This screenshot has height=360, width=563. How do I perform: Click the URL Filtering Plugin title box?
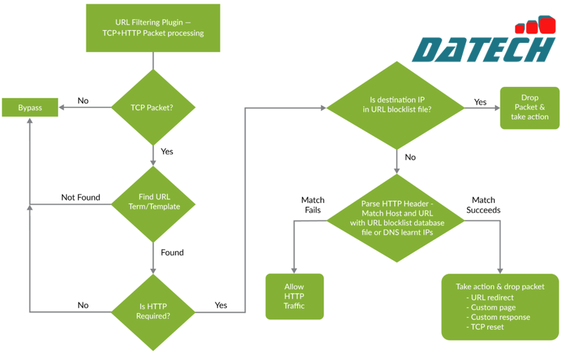[152, 27]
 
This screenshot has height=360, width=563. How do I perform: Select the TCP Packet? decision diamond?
[152, 107]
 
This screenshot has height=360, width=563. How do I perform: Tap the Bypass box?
[30, 107]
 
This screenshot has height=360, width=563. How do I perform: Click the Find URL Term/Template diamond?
[152, 202]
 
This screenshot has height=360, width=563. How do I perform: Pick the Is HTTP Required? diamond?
[152, 310]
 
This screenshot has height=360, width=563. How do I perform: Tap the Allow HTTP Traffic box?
[294, 296]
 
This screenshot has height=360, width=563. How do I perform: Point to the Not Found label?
[81, 197]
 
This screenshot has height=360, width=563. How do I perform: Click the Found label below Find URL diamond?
[172, 252]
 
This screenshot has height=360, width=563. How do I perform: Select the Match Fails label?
[312, 205]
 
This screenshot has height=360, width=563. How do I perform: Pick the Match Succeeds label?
[483, 205]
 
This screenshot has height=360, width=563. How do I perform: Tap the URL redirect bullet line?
[493, 298]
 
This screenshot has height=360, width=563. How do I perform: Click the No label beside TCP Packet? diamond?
[83, 100]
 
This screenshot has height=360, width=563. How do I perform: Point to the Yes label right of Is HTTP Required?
[220, 305]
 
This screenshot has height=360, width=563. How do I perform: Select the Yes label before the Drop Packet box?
[480, 102]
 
